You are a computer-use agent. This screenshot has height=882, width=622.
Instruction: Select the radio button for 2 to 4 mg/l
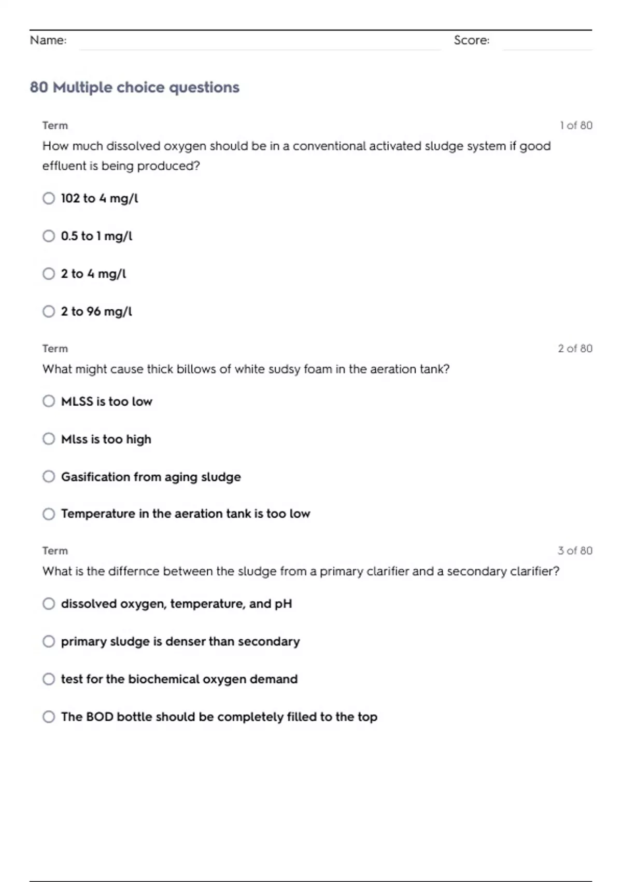tap(49, 273)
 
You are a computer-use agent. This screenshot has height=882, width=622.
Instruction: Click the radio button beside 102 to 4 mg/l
tap(49, 198)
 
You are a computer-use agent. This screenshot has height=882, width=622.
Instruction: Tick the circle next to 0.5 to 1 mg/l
tap(49, 236)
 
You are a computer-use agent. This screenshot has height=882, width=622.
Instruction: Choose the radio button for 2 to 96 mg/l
tap(49, 311)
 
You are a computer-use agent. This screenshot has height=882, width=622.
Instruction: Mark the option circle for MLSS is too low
tap(49, 401)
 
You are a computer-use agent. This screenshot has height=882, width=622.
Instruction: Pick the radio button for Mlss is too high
tap(49, 439)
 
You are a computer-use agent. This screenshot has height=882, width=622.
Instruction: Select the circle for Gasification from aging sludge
tap(49, 476)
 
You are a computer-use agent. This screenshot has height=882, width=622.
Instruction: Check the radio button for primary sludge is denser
tap(49, 641)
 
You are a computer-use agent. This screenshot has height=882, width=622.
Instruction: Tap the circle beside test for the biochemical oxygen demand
tap(49, 679)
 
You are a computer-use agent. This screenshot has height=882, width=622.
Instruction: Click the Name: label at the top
tap(48, 40)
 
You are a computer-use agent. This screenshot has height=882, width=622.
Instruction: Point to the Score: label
tap(471, 40)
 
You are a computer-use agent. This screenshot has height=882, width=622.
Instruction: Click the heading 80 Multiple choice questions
tap(135, 87)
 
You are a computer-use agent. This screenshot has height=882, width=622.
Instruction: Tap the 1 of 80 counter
tap(576, 126)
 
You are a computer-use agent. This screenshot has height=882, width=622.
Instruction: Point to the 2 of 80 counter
tap(575, 349)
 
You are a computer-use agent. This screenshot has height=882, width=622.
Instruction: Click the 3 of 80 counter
tap(575, 550)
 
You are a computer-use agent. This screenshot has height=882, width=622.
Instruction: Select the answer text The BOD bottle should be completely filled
tap(219, 717)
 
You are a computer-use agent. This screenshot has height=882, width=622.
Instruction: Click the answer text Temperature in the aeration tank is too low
tap(185, 514)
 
